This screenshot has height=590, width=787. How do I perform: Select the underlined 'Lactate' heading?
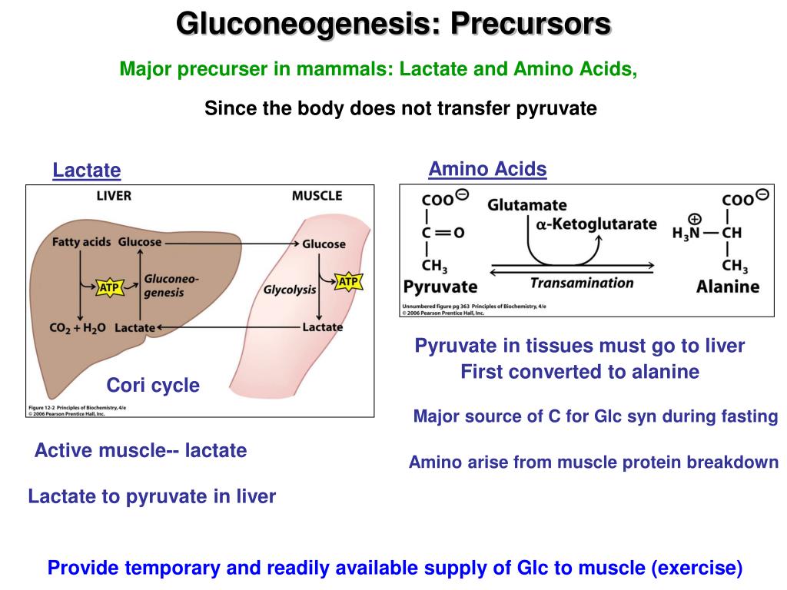coord(87,170)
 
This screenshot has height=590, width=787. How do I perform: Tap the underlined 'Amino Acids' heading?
coord(487,169)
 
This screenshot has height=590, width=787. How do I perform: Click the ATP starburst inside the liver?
coord(108,288)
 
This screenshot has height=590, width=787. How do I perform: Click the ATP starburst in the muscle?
coord(348,282)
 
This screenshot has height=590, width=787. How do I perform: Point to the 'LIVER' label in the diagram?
coord(114,196)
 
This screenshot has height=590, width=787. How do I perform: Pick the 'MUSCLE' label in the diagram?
coord(317,196)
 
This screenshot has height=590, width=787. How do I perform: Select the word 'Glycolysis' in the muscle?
coord(290,290)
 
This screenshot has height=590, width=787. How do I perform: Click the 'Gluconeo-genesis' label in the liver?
coord(171,286)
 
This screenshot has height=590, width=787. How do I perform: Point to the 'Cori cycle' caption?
coord(153,385)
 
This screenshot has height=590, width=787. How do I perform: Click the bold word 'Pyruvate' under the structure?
coord(440,287)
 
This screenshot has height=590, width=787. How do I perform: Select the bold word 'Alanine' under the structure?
coord(727,287)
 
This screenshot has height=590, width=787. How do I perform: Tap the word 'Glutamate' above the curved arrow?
coord(527,205)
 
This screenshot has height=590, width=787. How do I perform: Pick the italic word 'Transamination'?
coord(582,283)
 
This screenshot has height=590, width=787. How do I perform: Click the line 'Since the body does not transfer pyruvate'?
coord(400,108)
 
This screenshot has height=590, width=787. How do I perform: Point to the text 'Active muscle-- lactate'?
coord(141,451)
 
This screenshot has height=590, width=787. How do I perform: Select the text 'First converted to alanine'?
coord(579,373)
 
